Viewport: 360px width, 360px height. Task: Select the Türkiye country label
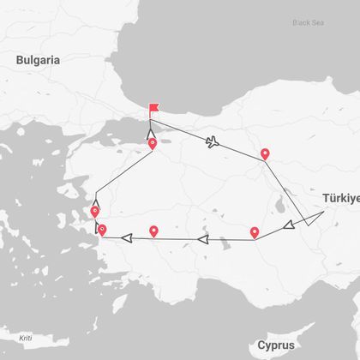(x=340, y=198)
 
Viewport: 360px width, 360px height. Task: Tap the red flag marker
(x=153, y=109)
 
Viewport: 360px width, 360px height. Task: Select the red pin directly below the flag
(x=153, y=143)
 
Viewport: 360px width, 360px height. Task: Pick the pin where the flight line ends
(x=266, y=154)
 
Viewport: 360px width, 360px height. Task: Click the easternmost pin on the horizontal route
(x=255, y=231)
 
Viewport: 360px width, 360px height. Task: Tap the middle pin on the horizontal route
(x=154, y=231)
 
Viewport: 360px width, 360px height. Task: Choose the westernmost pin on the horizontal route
(x=102, y=229)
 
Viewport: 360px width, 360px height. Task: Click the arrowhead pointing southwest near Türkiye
(x=290, y=225)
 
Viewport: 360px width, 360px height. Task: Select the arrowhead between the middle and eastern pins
(x=202, y=240)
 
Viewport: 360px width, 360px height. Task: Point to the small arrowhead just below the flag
(x=151, y=132)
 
